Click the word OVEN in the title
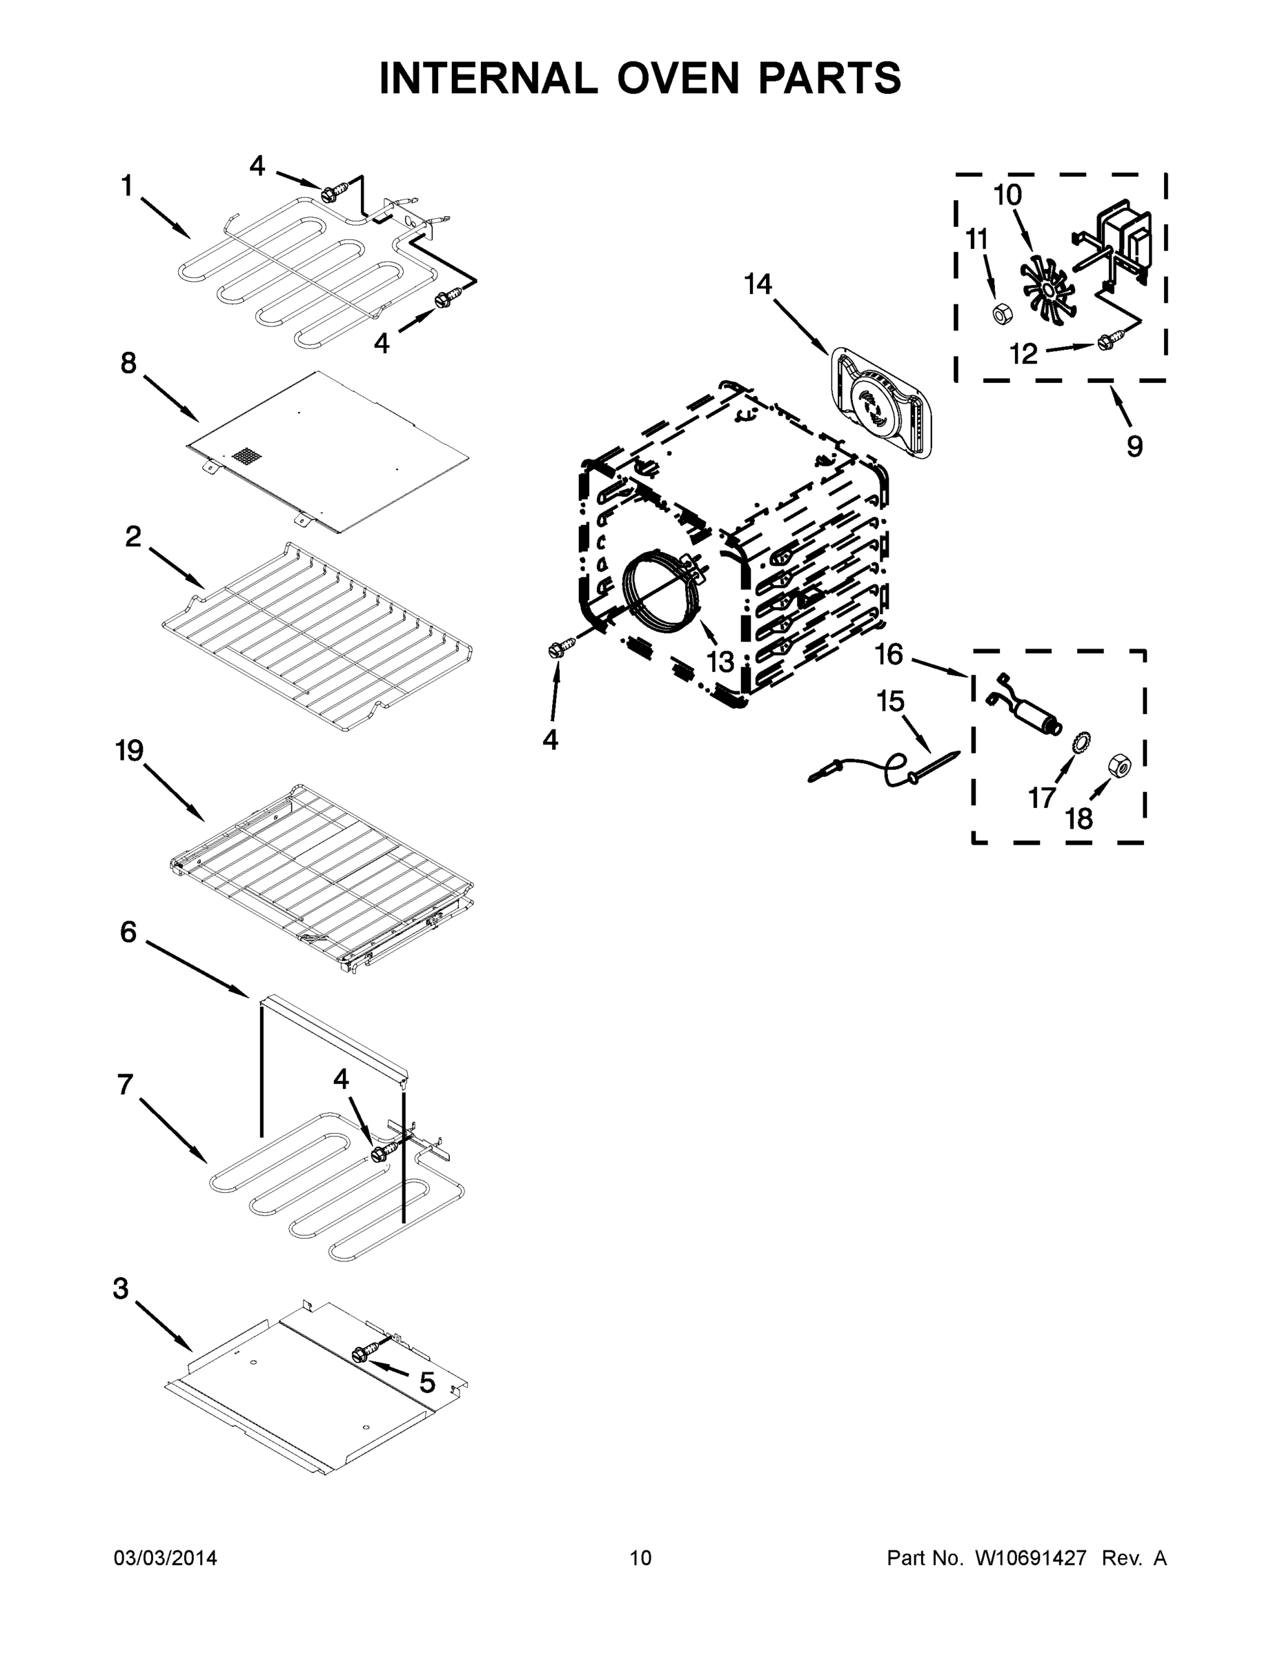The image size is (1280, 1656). (677, 78)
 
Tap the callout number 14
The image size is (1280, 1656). (758, 284)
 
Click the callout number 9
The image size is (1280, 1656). (1134, 446)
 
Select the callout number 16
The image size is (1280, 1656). (889, 653)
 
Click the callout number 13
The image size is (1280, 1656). (720, 661)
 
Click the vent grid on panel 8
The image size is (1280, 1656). (246, 457)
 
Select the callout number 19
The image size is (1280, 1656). (130, 751)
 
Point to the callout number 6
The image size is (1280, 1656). (128, 932)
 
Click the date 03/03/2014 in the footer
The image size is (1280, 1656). (166, 1557)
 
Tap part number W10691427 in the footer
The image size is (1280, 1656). (1030, 1557)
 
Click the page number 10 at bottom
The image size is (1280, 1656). (640, 1557)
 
